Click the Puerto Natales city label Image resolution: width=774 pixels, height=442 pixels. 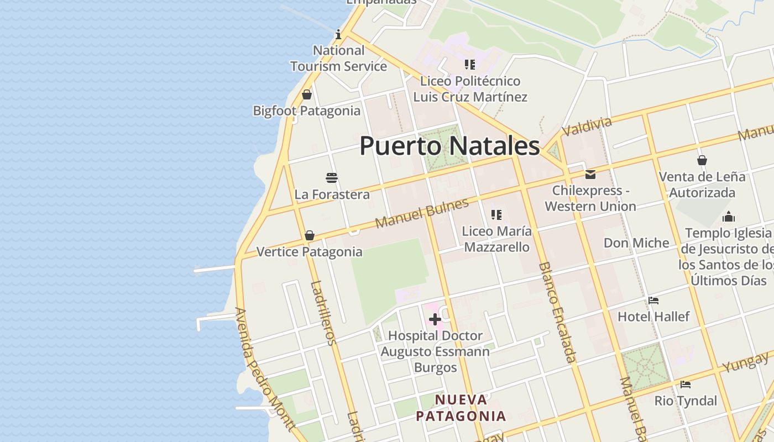(449, 146)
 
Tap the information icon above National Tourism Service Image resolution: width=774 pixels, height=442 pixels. (338, 35)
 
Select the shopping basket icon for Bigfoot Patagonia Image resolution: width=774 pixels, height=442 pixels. (307, 95)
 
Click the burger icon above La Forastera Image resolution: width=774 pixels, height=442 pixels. (332, 178)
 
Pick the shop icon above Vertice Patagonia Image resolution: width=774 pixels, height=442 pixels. (310, 236)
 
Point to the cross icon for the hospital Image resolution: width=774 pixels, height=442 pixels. (435, 319)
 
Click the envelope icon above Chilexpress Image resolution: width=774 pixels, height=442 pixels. (590, 175)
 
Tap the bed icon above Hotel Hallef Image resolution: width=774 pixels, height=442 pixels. (653, 301)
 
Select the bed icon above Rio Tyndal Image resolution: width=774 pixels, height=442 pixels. (686, 385)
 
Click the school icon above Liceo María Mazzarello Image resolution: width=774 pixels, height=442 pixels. (496, 215)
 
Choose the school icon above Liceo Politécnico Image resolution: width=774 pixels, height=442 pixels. (470, 65)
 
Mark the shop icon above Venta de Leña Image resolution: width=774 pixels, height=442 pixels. (702, 161)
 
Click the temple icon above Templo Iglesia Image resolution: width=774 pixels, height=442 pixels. (729, 217)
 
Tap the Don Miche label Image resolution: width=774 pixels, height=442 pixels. (636, 243)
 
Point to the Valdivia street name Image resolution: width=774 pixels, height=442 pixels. (587, 127)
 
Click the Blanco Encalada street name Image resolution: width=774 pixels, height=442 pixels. (557, 312)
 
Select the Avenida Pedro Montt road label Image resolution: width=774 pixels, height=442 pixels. (264, 369)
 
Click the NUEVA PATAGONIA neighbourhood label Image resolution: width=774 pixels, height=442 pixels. (461, 408)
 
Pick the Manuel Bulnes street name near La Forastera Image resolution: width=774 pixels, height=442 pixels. (422, 213)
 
